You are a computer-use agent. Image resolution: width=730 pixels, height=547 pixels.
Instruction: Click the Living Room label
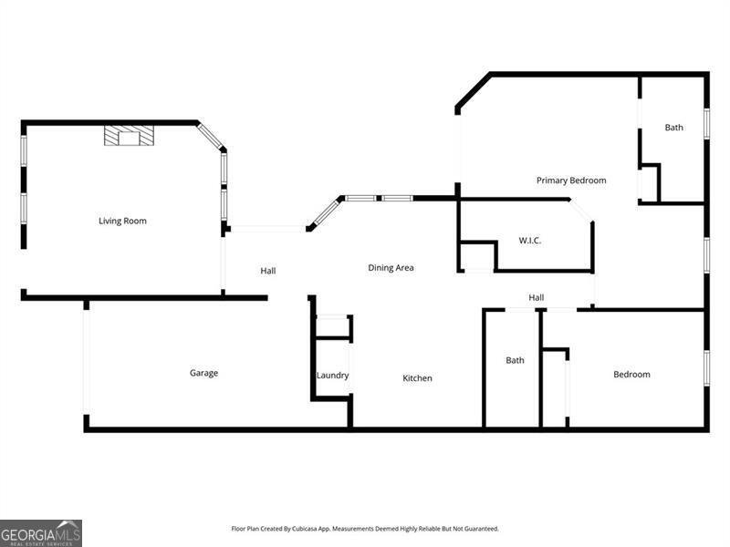point(122,221)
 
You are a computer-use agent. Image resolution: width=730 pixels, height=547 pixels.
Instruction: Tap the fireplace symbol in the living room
point(129,136)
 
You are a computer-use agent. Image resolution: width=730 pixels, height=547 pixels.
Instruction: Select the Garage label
point(203,373)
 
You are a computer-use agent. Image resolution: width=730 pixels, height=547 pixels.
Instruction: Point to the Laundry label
point(332,376)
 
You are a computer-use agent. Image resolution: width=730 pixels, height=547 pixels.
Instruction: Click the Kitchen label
point(418,378)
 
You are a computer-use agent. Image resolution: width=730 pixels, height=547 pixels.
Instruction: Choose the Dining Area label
point(391,268)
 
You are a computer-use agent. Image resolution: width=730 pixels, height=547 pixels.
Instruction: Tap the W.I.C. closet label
point(530,241)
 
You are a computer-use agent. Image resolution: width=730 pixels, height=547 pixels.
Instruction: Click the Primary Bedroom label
point(571,181)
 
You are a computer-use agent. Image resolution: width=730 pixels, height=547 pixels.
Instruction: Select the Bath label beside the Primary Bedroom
point(673,128)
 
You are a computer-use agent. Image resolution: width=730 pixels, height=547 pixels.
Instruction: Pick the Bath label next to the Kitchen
point(516,360)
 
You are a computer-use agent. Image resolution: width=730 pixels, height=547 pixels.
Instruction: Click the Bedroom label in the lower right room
point(631,375)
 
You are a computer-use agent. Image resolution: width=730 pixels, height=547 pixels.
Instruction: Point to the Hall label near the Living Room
point(267,271)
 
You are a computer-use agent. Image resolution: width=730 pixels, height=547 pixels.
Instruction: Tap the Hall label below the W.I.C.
point(537,297)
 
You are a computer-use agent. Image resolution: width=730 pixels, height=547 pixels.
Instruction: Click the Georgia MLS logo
point(41,532)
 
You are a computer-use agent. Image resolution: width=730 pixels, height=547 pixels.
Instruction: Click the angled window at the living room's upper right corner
point(212,137)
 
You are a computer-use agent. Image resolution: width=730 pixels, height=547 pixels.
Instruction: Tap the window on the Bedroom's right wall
point(706,365)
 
